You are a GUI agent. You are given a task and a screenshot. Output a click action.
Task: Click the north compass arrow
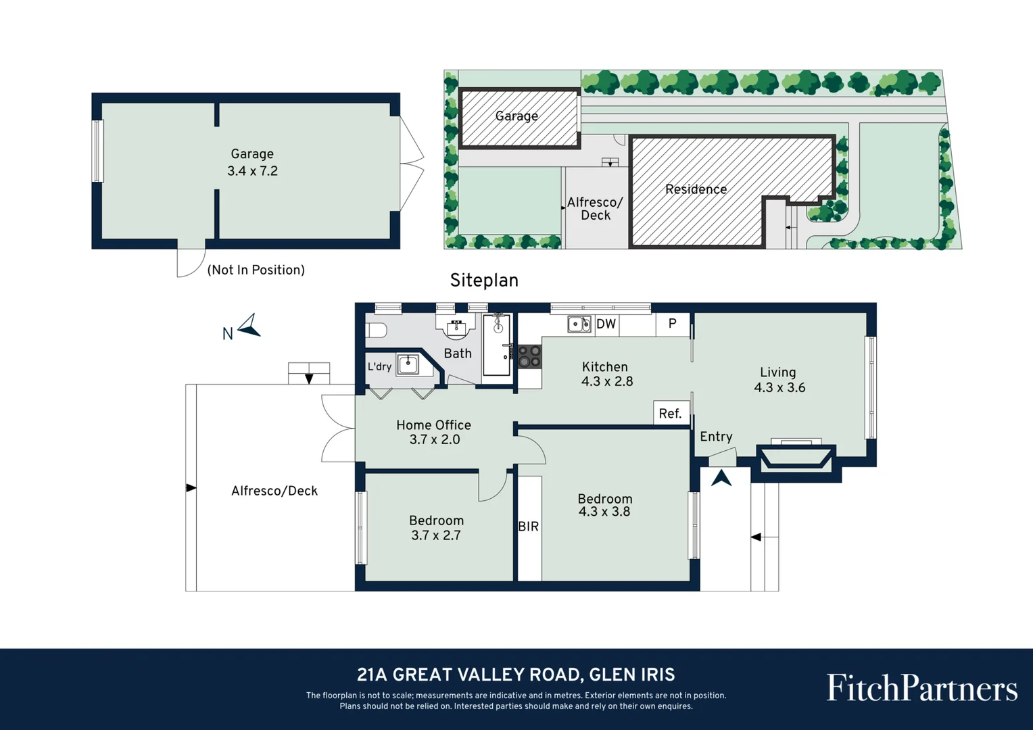tap(249, 326)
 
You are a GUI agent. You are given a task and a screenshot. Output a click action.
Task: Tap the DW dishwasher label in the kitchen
tap(606, 324)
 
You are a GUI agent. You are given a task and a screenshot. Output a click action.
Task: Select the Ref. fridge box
tap(671, 414)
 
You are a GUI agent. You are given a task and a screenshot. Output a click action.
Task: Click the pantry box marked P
tap(673, 324)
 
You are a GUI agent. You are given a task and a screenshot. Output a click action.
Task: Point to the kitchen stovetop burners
tap(529, 356)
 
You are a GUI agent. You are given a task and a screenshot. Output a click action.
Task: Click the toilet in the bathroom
tap(376, 330)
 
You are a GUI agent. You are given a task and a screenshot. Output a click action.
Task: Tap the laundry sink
tap(408, 365)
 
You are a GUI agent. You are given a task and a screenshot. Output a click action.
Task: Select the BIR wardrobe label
tap(529, 527)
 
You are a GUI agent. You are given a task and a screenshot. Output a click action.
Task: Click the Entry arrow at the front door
tap(721, 478)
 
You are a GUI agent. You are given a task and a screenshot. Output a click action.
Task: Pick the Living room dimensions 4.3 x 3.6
tap(779, 388)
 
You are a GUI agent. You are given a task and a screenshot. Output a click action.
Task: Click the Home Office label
tap(433, 425)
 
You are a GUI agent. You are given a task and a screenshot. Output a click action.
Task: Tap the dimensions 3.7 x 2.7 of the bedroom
tap(436, 535)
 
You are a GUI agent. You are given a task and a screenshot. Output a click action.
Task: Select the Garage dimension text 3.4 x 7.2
tap(252, 171)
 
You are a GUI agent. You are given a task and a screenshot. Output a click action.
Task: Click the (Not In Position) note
tap(256, 270)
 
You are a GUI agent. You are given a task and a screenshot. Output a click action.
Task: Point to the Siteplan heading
tap(484, 281)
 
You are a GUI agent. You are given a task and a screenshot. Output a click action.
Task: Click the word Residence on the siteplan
tap(696, 189)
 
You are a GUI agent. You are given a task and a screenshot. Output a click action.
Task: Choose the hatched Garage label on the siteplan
tap(516, 116)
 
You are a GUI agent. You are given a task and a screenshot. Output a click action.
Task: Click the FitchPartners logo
tap(921, 688)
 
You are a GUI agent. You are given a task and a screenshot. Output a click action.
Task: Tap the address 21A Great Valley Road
tap(516, 675)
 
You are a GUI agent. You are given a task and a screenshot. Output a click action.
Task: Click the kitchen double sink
tap(579, 324)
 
